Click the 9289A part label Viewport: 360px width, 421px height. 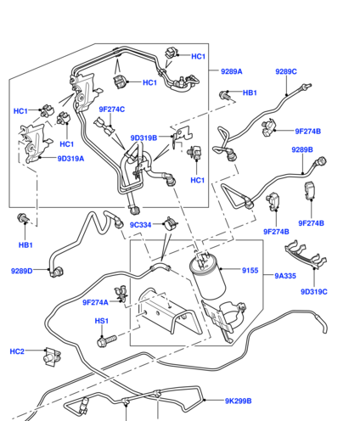(x=232, y=71)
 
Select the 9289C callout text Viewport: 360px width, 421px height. (x=286, y=71)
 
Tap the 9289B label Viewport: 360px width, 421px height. (x=302, y=149)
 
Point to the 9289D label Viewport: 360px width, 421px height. (x=22, y=271)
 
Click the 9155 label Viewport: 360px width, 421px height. (x=250, y=271)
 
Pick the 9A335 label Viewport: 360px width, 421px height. (x=285, y=276)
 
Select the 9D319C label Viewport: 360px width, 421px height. (x=314, y=292)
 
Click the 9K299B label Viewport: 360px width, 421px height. (x=239, y=401)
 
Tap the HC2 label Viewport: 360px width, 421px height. (x=17, y=351)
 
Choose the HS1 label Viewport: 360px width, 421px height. (x=102, y=321)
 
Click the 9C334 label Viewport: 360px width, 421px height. (x=140, y=225)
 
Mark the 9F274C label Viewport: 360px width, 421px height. (x=112, y=109)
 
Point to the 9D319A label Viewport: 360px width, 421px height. (x=70, y=159)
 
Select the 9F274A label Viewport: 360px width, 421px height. (x=95, y=302)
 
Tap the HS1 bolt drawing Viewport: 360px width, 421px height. (x=107, y=340)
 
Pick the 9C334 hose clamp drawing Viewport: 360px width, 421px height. (x=171, y=223)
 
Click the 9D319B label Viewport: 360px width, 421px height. (x=143, y=138)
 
